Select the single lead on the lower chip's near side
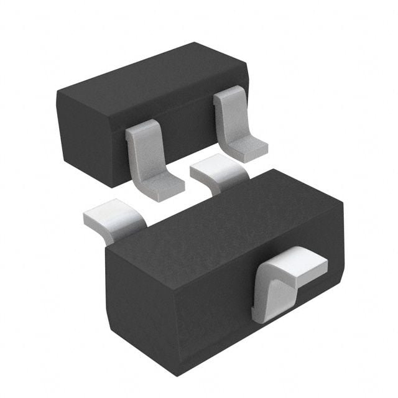click(x=286, y=280)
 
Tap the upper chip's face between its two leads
click(x=187, y=134)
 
